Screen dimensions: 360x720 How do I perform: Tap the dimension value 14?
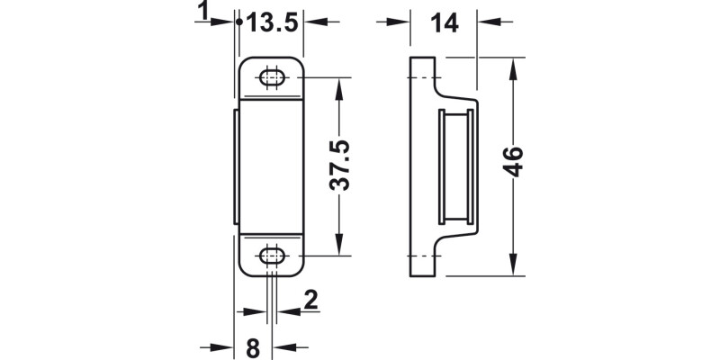click(444, 24)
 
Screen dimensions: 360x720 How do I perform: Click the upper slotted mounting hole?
click(272, 78)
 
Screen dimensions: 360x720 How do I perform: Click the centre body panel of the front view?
click(272, 167)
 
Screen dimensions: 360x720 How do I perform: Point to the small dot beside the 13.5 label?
click(238, 22)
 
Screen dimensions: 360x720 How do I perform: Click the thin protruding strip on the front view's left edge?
click(237, 167)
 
